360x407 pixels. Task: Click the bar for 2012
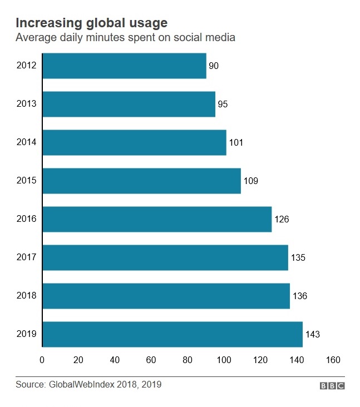[124, 66]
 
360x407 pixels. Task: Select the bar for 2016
[157, 219]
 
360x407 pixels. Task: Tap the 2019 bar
[172, 334]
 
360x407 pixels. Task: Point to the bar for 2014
[134, 142]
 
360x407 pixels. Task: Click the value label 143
[313, 334]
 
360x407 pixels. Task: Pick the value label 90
[214, 66]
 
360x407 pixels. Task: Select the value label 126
[282, 219]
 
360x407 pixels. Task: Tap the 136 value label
[299, 296]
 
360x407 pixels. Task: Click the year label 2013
[27, 104]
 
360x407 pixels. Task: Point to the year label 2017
[27, 257]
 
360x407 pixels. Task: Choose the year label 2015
[27, 181]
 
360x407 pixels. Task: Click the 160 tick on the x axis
[333, 360]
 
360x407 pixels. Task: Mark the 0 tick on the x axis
[42, 360]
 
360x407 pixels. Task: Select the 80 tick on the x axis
[188, 360]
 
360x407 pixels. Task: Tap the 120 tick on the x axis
[260, 360]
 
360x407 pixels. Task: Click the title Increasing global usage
[91, 23]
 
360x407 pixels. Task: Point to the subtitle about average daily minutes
[125, 38]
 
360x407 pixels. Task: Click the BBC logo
[332, 385]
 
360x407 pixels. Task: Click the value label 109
[250, 181]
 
